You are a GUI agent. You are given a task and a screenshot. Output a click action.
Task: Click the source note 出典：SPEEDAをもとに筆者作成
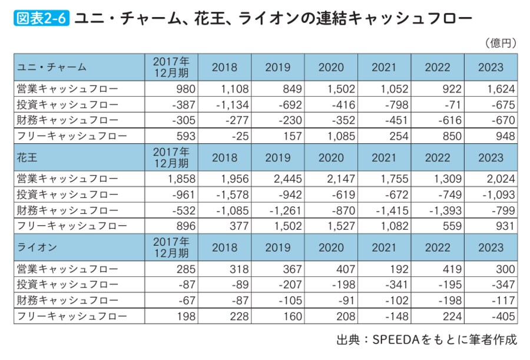point(426,341)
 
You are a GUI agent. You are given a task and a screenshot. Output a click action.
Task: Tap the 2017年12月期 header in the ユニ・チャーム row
point(171,67)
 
